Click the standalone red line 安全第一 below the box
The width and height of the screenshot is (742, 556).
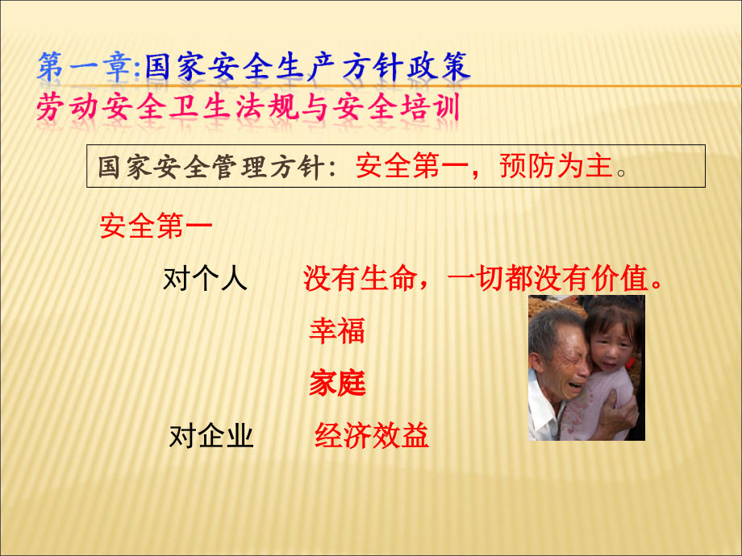tap(156, 226)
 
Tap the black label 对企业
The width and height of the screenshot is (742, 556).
tap(211, 436)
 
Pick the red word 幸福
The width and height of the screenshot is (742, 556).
tap(337, 330)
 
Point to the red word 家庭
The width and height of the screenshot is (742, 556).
tap(337, 384)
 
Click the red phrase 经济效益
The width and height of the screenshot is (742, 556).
tap(372, 436)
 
